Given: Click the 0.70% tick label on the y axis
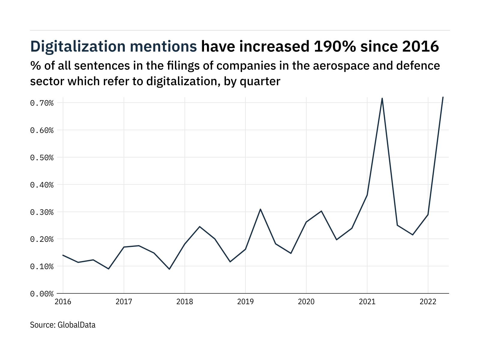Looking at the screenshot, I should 42,103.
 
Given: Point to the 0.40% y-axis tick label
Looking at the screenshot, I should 42,185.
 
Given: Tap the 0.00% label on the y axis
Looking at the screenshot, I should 42,294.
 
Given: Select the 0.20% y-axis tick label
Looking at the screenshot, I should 42,239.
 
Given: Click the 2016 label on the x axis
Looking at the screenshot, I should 63,301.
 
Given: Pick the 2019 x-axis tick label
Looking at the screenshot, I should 245,301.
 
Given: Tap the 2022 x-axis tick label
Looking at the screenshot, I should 428,301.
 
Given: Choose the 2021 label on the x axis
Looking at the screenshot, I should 367,301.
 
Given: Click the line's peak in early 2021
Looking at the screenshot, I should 382,98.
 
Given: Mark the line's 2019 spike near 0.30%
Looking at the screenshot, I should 260,209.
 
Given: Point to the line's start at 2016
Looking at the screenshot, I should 63,255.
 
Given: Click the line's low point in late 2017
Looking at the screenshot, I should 169,269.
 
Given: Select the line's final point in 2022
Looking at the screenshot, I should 443,97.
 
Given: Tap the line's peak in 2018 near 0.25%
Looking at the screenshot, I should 200,226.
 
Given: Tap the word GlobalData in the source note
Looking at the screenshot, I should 76,325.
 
